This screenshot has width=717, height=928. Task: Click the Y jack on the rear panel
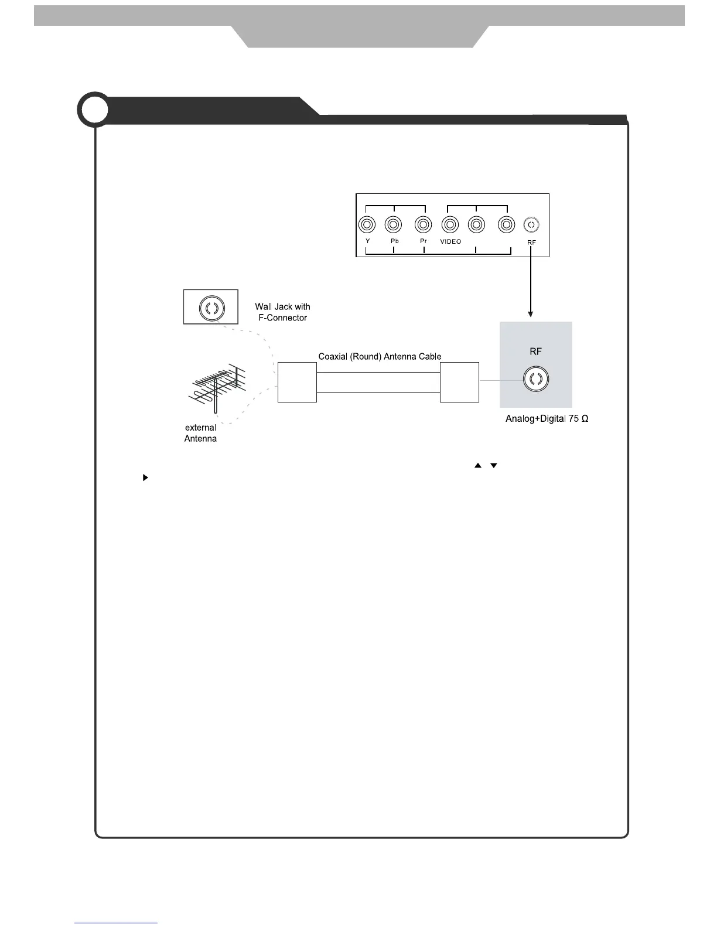tap(367, 224)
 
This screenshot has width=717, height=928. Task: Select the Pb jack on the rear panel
tap(393, 224)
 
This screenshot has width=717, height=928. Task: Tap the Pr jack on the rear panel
tap(423, 224)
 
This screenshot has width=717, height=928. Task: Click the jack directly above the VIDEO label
tap(450, 224)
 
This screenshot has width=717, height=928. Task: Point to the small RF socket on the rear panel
tap(531, 224)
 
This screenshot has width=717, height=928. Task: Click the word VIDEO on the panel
tap(450, 241)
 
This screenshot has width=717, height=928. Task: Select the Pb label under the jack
tap(394, 241)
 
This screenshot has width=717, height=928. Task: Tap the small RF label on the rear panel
tap(531, 242)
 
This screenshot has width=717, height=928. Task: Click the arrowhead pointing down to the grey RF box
tap(531, 314)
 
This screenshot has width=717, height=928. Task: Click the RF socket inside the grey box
tap(535, 379)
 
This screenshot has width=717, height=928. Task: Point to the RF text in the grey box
tap(535, 352)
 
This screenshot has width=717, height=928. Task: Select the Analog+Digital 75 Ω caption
tap(547, 419)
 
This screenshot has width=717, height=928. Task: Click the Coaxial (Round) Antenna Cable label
tap(380, 356)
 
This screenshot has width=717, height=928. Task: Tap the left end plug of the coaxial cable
tap(297, 382)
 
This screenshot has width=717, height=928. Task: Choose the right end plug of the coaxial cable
tap(459, 382)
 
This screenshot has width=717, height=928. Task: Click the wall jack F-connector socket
tap(211, 307)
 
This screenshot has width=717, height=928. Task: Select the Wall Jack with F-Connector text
tap(282, 312)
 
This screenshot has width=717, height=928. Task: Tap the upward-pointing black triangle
tap(478, 466)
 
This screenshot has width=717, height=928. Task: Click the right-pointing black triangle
tap(145, 478)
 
